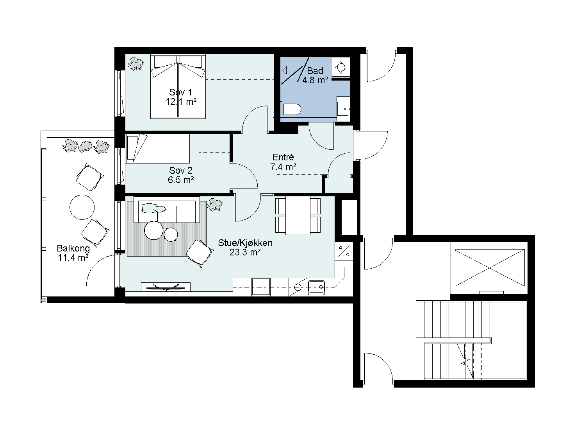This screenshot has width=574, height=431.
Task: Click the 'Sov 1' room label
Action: [x=180, y=92]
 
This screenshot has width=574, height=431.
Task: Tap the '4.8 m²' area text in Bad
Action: [x=315, y=80]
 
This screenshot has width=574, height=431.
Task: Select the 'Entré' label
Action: [x=283, y=157]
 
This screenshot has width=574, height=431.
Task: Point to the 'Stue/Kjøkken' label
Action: [x=245, y=243]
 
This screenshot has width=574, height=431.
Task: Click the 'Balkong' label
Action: [x=73, y=248]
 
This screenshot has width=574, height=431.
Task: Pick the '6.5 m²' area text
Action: [x=181, y=180]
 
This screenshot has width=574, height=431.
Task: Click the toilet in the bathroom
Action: [x=291, y=109]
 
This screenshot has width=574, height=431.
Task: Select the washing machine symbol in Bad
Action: [x=341, y=67]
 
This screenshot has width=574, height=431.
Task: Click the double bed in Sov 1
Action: [x=178, y=86]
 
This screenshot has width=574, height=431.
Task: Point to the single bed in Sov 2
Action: [x=157, y=149]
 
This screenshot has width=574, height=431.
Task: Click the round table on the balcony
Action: [x=82, y=207]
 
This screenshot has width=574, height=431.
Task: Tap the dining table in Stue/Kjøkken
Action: [x=298, y=215]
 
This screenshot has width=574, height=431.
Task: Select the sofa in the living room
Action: [x=167, y=210]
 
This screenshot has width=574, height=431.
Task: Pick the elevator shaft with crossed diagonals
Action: [x=490, y=268]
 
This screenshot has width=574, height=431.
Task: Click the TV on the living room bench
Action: [x=166, y=287]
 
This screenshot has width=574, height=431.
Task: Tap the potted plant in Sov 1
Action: [x=136, y=64]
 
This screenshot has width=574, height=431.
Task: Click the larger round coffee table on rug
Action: [x=154, y=230]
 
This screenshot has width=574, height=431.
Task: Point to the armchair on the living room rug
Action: [x=199, y=253]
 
